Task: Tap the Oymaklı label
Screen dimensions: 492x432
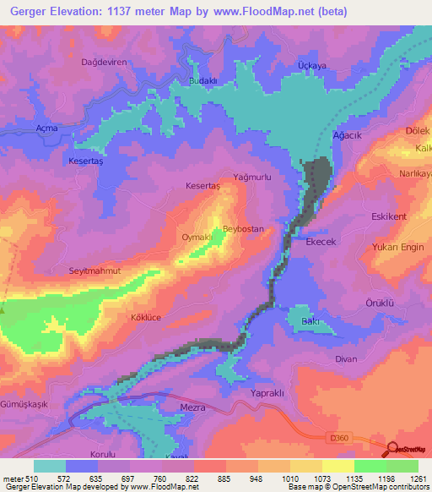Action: [x=197, y=238]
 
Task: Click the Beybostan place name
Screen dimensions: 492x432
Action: [x=244, y=230]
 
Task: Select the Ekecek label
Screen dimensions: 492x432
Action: [x=321, y=242]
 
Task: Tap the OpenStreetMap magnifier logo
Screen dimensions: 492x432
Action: [x=393, y=450]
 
